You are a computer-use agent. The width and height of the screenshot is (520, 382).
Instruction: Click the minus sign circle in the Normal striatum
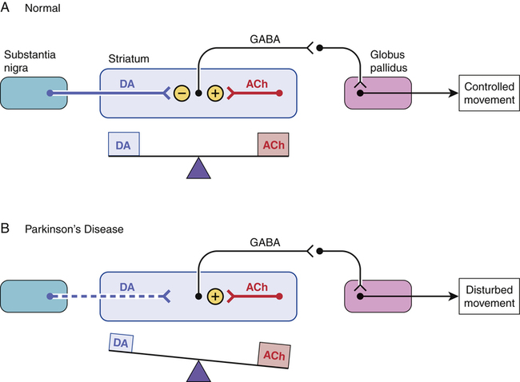tap(181, 94)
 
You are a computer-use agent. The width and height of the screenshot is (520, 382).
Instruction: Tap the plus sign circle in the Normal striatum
tap(215, 94)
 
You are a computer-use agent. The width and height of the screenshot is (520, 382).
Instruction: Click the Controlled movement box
tap(488, 93)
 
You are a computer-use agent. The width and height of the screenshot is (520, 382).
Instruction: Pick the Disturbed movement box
tap(488, 295)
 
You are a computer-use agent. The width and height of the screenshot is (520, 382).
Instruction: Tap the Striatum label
tap(128, 61)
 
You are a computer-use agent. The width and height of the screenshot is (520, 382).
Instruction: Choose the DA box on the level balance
tap(124, 144)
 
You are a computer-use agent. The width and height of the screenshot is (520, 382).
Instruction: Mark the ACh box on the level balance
tap(273, 145)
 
